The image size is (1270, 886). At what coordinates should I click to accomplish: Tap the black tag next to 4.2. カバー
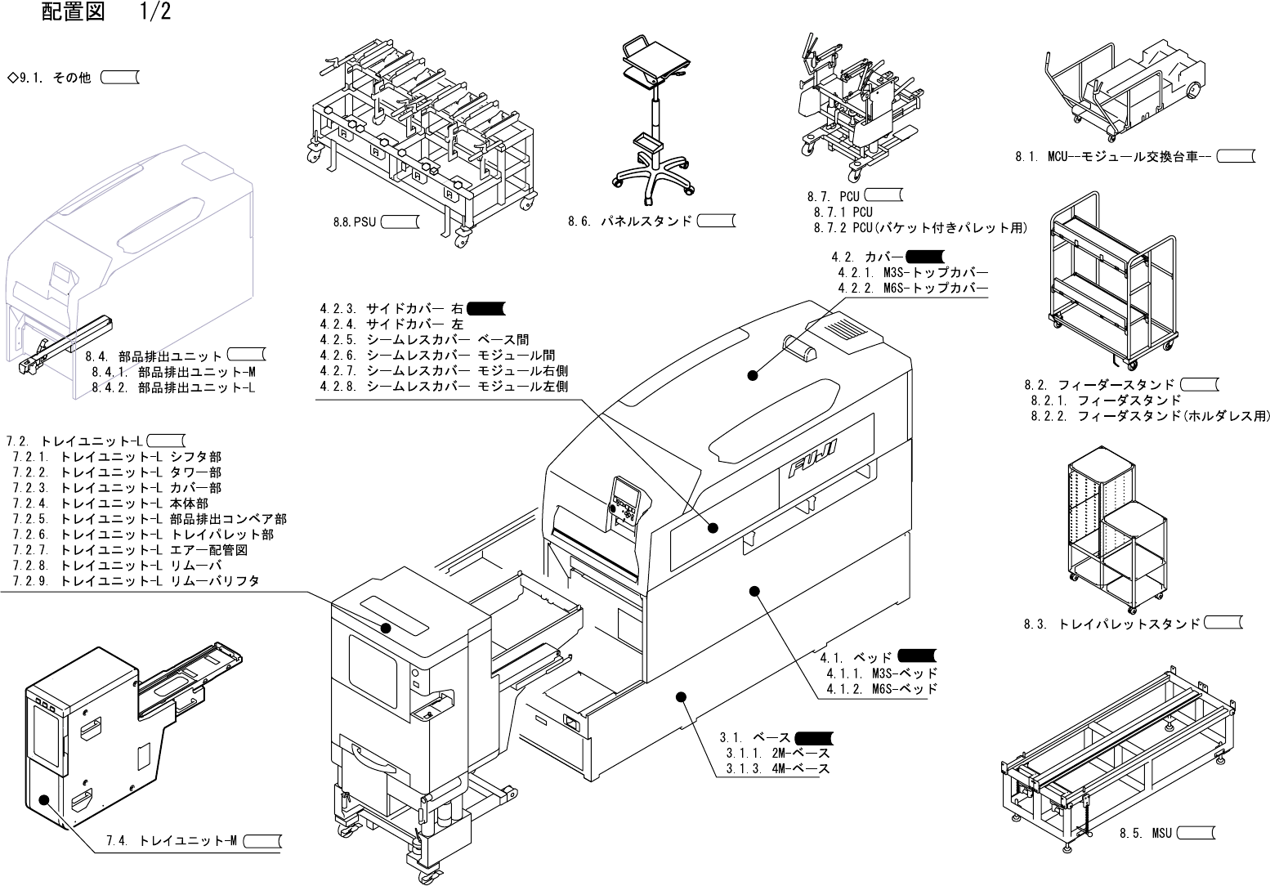point(925,256)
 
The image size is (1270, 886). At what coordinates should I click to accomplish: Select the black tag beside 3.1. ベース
point(814,738)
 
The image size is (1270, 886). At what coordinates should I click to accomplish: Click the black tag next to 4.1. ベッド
point(917,656)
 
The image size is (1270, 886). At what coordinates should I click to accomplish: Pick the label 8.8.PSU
point(355,221)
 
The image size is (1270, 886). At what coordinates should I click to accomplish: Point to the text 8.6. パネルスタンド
point(630,221)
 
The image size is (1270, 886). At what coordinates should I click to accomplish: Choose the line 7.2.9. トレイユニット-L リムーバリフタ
point(136,581)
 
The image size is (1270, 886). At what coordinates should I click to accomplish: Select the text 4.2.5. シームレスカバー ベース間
point(424,339)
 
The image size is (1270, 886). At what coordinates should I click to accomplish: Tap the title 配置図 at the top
point(73,11)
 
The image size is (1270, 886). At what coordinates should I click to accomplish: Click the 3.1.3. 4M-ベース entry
point(778,768)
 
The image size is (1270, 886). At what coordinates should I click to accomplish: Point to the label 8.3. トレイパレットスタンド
point(1111,624)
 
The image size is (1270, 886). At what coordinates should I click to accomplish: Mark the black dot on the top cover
point(753,375)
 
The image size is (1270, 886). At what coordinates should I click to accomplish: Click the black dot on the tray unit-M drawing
point(44,800)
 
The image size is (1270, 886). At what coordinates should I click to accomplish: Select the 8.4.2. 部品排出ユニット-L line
point(173,387)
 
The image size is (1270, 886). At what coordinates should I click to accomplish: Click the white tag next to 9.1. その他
point(119,77)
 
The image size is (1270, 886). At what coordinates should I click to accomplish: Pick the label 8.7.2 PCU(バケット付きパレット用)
point(921,227)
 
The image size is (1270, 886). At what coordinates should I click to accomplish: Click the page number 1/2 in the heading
point(155,11)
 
